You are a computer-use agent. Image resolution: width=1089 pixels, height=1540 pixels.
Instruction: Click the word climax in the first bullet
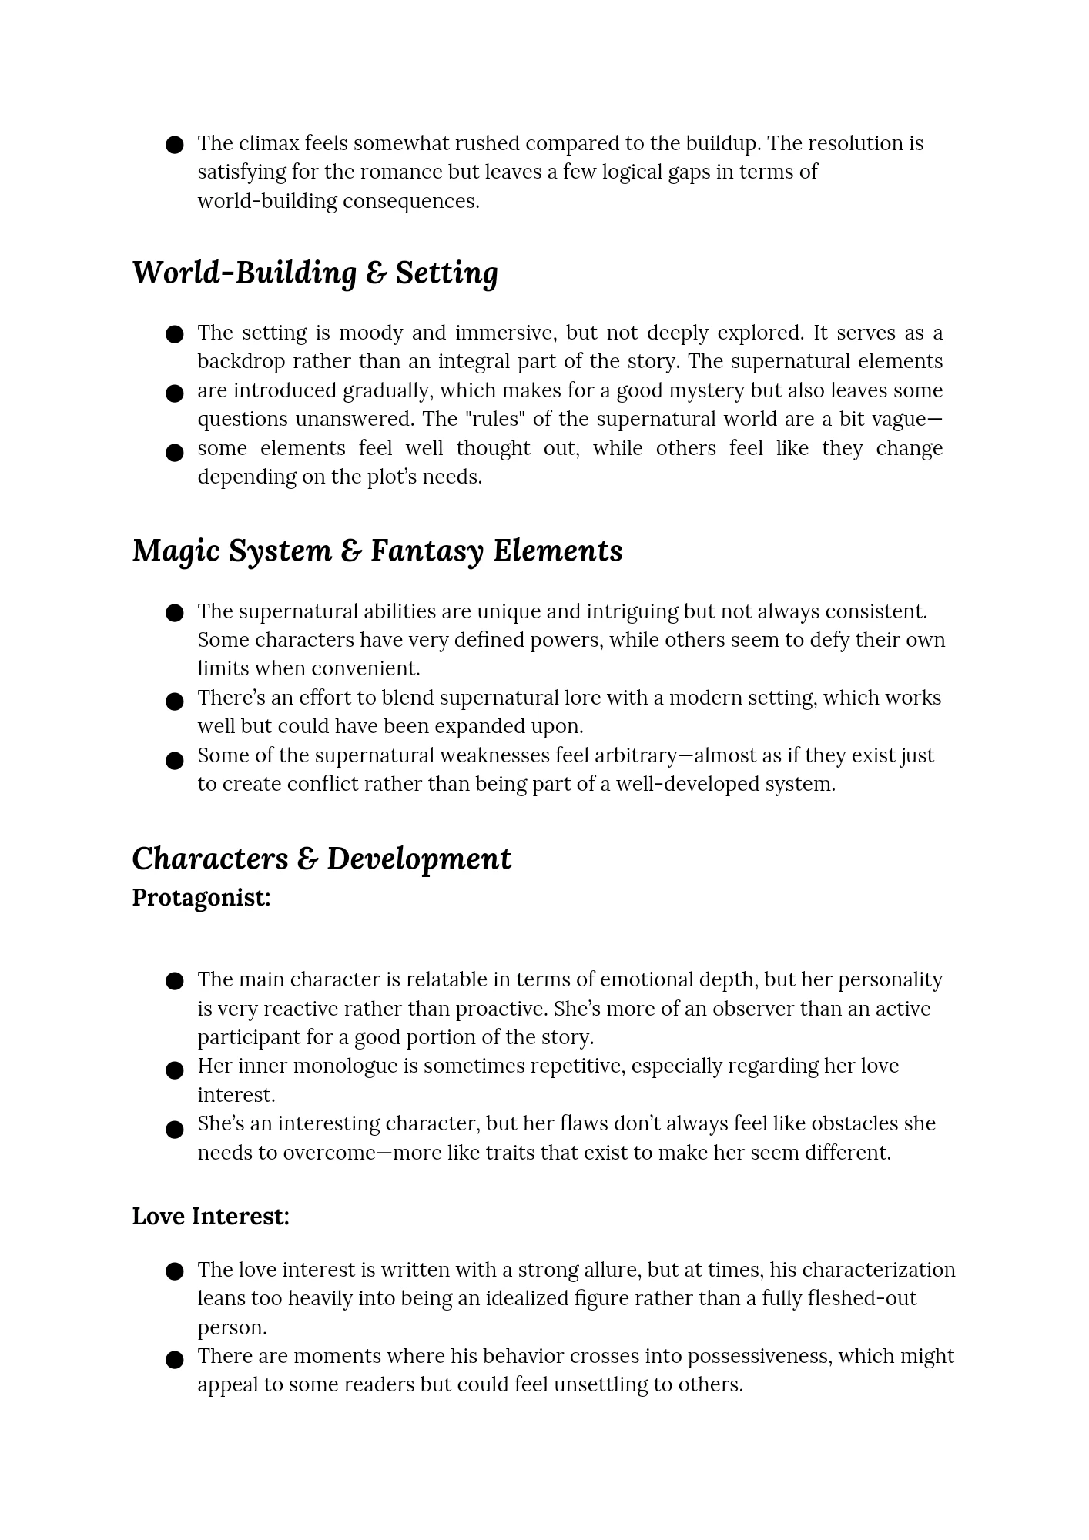click(x=270, y=143)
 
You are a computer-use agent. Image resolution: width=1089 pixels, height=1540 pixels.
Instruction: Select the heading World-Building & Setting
click(x=315, y=273)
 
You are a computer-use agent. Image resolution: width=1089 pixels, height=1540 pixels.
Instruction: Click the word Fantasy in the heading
click(x=427, y=551)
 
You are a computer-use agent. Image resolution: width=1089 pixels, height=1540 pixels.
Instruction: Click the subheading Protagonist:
click(x=201, y=897)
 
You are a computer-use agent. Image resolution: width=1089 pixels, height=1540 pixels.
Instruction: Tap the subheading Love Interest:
click(x=210, y=1216)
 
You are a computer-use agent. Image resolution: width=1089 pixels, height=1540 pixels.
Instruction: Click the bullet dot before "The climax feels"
click(x=175, y=145)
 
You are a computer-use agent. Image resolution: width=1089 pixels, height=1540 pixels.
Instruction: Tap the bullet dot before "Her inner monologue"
click(x=175, y=1070)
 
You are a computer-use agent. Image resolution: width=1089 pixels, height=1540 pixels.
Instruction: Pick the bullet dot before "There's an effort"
click(x=175, y=701)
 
